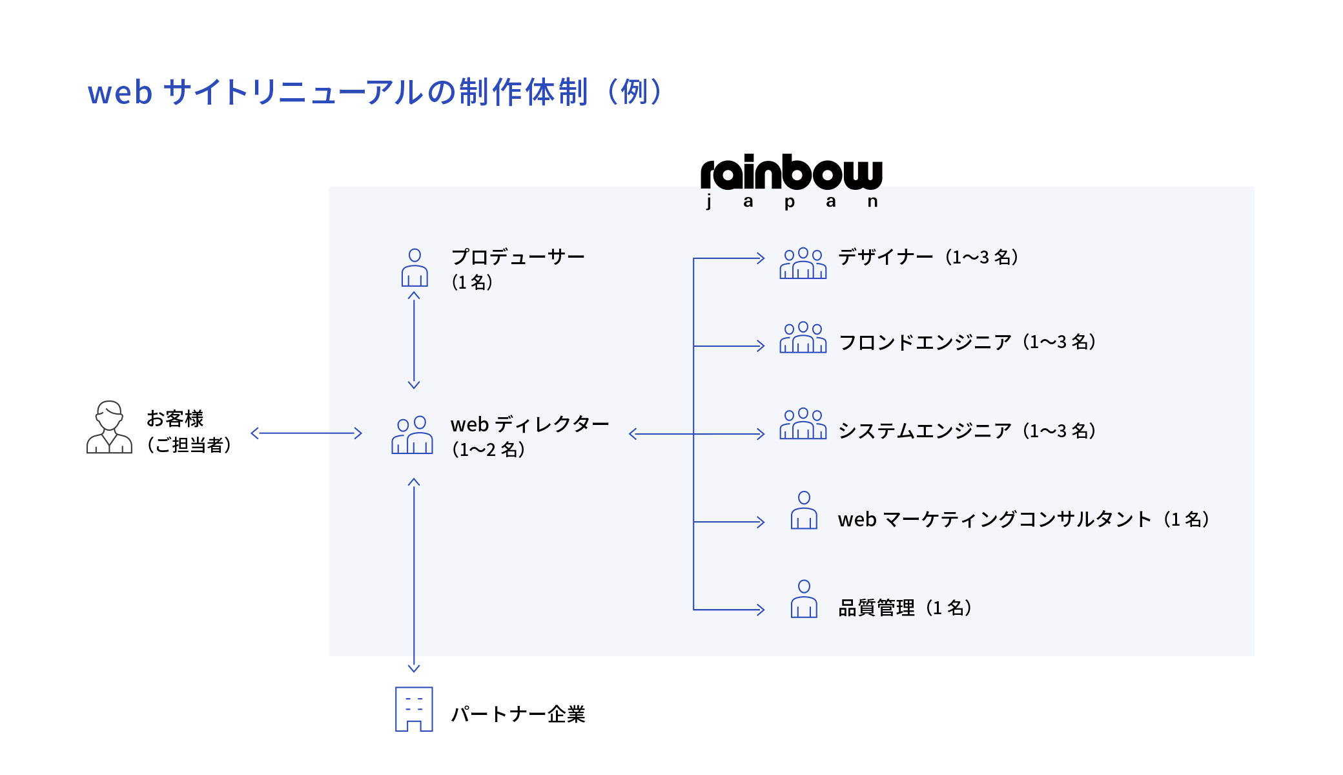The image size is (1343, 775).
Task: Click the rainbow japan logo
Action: pyautogui.click(x=791, y=181)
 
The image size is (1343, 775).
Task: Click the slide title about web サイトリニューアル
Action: pyautogui.click(x=374, y=92)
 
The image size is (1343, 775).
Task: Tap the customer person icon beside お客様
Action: pyautogui.click(x=109, y=428)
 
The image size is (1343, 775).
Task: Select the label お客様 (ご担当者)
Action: pyautogui.click(x=188, y=431)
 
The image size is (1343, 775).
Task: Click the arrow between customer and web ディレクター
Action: pyautogui.click(x=306, y=433)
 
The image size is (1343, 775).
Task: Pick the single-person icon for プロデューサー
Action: pyautogui.click(x=415, y=268)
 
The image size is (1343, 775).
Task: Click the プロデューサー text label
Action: pyautogui.click(x=517, y=257)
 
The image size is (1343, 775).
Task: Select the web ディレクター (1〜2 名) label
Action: pyautogui.click(x=529, y=436)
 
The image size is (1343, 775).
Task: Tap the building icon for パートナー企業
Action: pyautogui.click(x=414, y=709)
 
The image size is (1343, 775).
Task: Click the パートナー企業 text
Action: pyautogui.click(x=517, y=714)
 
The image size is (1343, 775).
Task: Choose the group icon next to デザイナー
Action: pyautogui.click(x=803, y=263)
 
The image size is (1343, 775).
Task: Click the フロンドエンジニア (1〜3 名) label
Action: pyautogui.click(x=967, y=342)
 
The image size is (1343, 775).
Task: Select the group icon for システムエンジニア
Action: pyautogui.click(x=803, y=424)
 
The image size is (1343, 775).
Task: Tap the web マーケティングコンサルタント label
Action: pyautogui.click(x=1023, y=519)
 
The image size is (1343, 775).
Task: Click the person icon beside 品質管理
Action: pyautogui.click(x=804, y=599)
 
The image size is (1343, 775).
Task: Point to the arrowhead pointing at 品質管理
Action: pyautogui.click(x=761, y=610)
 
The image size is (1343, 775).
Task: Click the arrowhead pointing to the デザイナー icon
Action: pyautogui.click(x=761, y=258)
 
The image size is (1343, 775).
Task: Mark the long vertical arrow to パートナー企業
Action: pyautogui.click(x=414, y=575)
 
